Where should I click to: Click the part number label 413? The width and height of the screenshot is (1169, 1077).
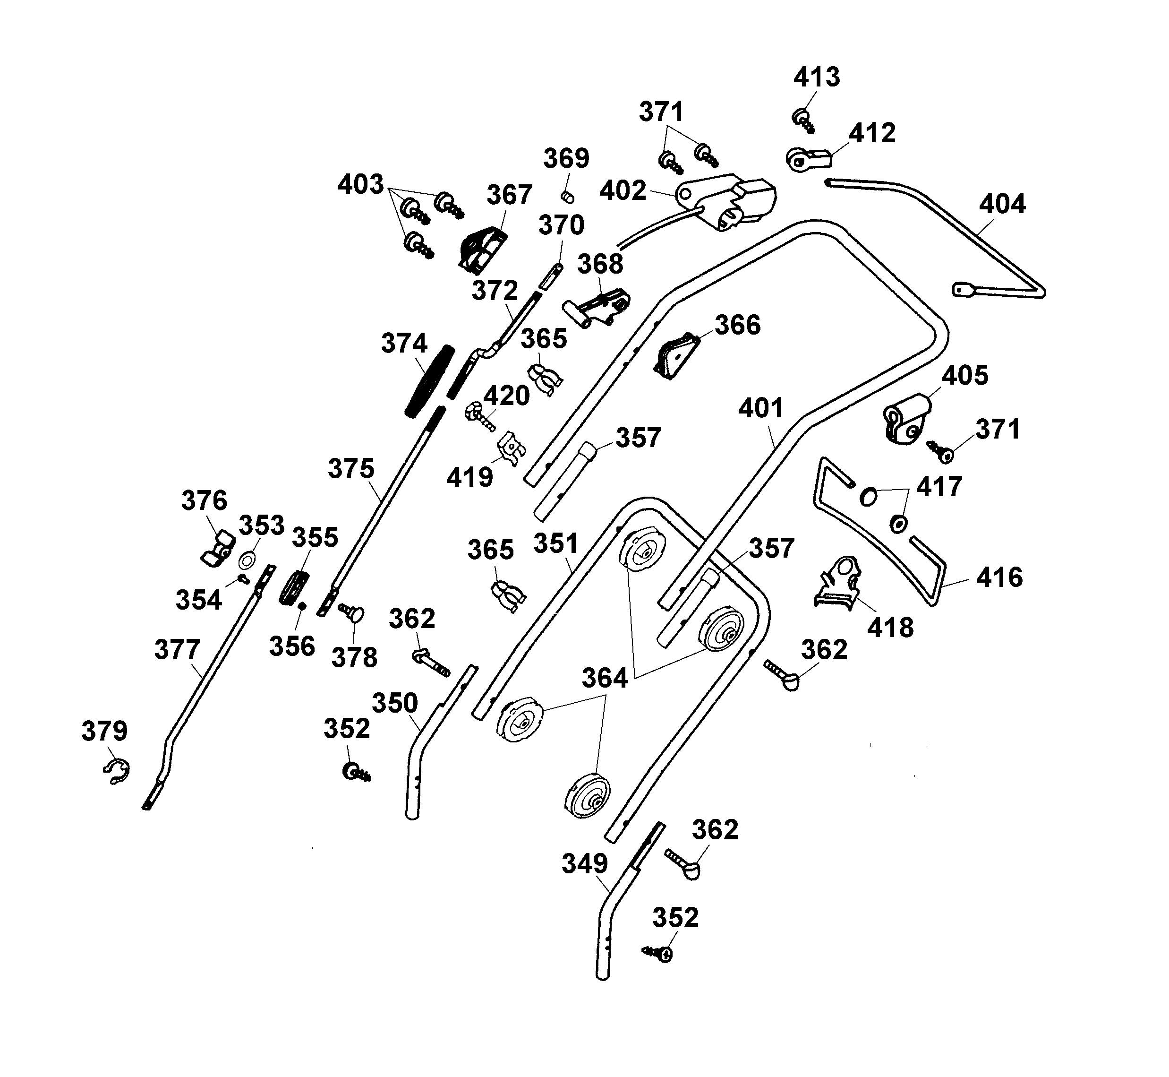(x=816, y=78)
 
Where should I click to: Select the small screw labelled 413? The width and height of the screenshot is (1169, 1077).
(x=802, y=120)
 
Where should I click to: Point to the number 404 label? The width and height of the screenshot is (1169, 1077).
(x=1002, y=205)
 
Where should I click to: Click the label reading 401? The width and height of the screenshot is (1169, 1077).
(x=761, y=408)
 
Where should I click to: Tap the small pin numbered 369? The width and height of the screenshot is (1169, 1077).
(x=568, y=197)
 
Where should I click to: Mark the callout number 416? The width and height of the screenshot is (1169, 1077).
(x=999, y=577)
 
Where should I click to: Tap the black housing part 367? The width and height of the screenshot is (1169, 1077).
(x=482, y=250)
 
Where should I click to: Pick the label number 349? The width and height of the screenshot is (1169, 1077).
(x=584, y=864)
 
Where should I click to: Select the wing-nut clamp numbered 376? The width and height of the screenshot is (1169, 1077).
(x=218, y=548)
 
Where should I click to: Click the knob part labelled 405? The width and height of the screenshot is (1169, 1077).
(x=906, y=417)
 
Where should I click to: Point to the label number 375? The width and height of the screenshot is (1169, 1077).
(x=350, y=469)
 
